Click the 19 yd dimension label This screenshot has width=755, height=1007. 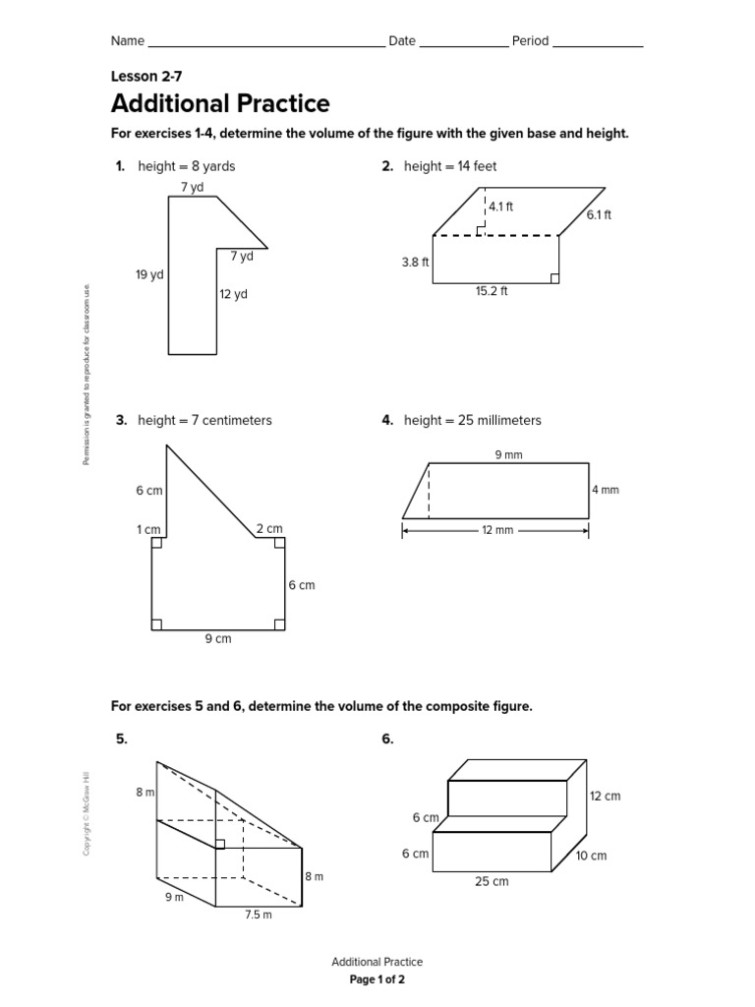coord(149,275)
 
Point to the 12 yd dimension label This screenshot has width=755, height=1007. coord(233,294)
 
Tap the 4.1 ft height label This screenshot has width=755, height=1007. coord(501,207)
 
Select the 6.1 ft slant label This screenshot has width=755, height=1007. coord(599,214)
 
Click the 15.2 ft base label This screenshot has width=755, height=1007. coord(491,291)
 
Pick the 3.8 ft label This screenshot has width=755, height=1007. coord(415,262)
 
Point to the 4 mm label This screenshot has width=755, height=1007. coord(606,490)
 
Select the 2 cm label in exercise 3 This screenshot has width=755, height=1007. coord(268,529)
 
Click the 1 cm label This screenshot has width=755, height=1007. coord(148,530)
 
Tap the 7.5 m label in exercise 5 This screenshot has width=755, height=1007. coord(259,915)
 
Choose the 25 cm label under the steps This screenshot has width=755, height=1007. coord(492,881)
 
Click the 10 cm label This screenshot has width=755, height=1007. coord(591,856)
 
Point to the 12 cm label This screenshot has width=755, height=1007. coord(606,796)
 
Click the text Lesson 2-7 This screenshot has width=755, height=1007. coord(146,76)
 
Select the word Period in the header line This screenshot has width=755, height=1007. coord(530,41)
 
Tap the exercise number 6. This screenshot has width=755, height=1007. coord(387,740)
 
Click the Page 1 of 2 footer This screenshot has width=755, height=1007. coord(377,980)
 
